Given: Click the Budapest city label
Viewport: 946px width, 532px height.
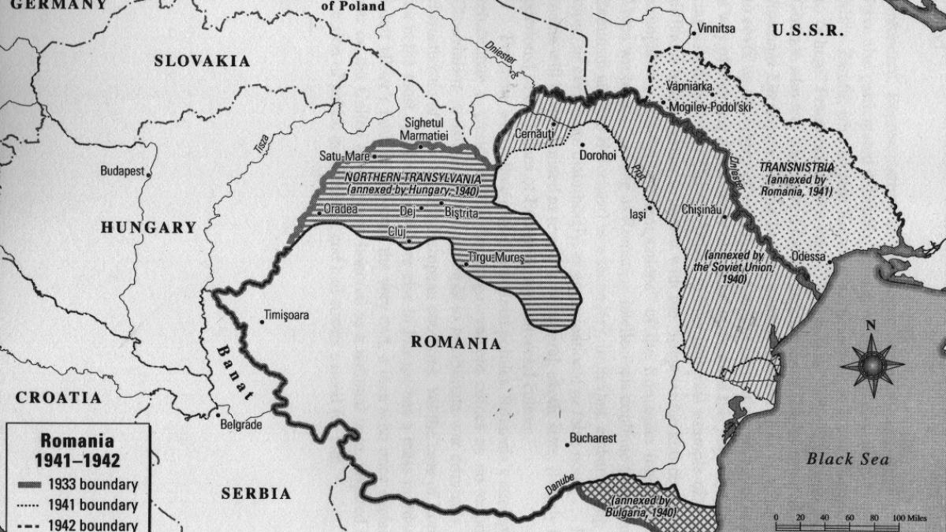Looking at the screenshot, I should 121,170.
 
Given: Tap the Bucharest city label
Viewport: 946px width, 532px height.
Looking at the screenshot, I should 592,438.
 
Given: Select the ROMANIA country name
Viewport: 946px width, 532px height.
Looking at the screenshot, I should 456,343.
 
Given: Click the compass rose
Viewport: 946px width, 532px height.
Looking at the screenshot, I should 871,364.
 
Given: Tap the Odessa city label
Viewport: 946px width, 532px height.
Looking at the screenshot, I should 807,257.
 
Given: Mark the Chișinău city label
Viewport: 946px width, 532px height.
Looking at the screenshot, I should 700,211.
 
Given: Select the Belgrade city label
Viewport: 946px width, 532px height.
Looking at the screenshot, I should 242,424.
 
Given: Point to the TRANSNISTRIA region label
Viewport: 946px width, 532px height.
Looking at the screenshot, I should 796,168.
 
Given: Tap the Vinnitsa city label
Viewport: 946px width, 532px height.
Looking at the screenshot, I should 716,29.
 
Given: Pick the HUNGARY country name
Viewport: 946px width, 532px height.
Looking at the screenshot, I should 148,228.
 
